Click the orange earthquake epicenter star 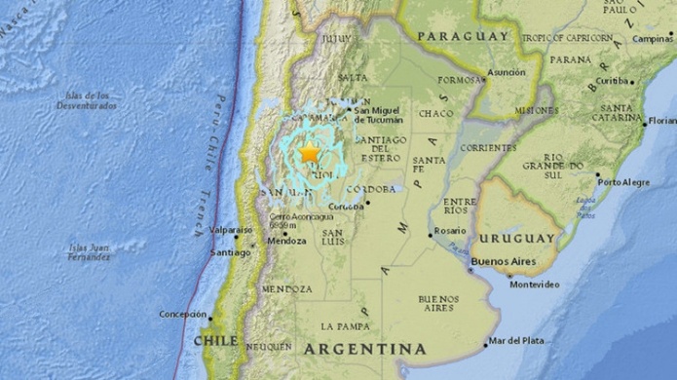tap(310, 153)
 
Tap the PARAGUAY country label tap(463, 37)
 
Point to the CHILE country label tap(215, 341)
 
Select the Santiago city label tap(230, 252)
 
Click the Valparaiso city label tap(232, 230)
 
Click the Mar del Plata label tap(517, 341)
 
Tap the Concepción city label tap(183, 315)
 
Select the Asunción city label tap(505, 72)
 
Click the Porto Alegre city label tap(625, 182)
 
